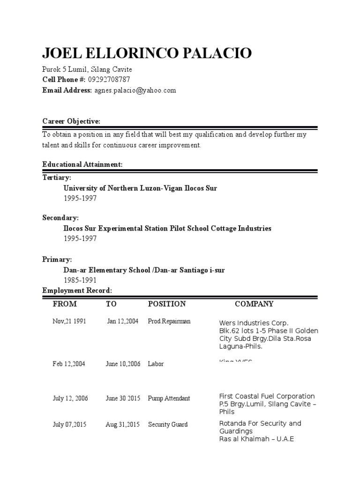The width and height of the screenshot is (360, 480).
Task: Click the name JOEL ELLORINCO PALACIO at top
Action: [147, 53]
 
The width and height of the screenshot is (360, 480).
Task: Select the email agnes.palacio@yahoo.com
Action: [135, 90]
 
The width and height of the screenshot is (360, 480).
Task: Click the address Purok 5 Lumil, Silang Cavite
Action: [87, 69]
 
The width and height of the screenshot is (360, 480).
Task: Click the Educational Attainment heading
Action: [82, 165]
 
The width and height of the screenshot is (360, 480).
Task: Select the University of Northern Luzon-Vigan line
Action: [140, 188]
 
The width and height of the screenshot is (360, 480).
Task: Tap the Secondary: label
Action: [60, 218]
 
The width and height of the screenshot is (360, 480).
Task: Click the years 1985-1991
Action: [80, 280]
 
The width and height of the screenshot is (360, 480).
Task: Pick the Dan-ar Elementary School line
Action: [144, 270]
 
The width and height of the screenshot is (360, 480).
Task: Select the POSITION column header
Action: [167, 304]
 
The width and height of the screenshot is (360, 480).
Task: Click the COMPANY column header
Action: [254, 304]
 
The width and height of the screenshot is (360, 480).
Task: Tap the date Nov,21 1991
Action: [69, 321]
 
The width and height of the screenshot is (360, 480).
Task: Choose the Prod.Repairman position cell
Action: [169, 321]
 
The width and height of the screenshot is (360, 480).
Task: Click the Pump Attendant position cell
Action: [169, 398]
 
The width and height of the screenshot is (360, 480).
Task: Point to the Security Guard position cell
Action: [168, 424]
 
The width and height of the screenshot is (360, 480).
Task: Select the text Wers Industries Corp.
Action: [254, 323]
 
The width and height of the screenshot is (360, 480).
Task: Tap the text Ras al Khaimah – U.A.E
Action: [256, 439]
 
